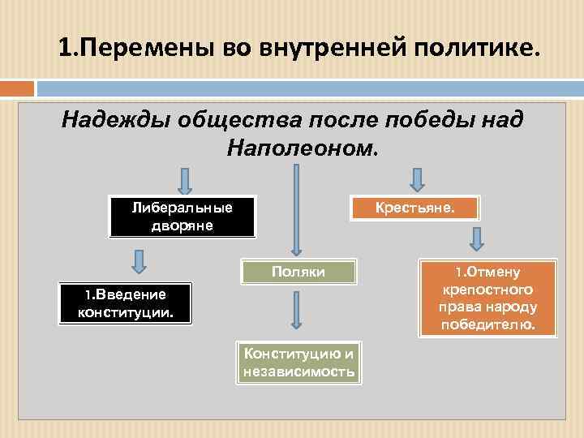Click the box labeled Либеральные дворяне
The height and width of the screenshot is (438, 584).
tap(182, 216)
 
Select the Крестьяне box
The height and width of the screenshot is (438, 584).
tap(414, 208)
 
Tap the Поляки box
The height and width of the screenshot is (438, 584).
tap(298, 272)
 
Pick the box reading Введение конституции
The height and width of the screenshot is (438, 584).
tap(125, 303)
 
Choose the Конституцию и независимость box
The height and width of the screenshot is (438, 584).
tap(298, 363)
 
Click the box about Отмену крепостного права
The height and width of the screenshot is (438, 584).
tap(488, 298)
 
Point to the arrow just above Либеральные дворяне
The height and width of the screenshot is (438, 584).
tap(185, 181)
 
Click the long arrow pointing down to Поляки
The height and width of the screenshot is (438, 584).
tap(296, 211)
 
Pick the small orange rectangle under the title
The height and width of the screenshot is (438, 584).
tap(17, 88)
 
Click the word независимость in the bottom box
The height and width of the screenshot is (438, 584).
tap(298, 372)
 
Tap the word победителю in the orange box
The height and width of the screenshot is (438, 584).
tap(488, 325)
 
